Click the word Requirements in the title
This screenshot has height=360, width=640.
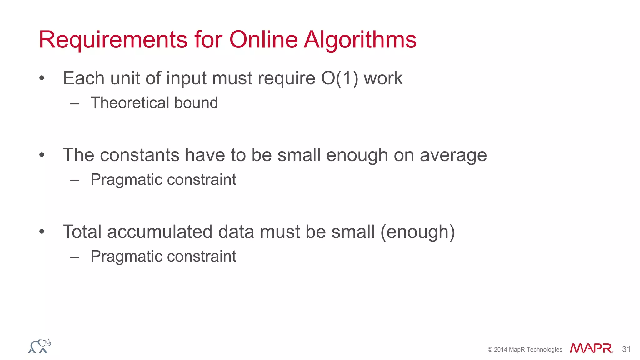113,40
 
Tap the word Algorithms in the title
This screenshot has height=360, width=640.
360,40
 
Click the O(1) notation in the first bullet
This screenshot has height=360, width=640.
340,78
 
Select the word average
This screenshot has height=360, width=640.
453,155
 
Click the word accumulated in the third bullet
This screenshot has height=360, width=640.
159,232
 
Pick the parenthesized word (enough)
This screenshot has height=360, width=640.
417,232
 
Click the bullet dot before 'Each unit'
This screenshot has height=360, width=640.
42,78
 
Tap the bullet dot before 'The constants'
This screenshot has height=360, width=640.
42,155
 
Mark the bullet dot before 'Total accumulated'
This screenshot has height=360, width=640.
42,232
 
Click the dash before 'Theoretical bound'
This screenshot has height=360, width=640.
75,103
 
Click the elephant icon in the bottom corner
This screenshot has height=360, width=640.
40,346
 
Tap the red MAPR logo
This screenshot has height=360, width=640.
591,348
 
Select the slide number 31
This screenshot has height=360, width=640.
626,349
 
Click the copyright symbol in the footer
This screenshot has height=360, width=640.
490,350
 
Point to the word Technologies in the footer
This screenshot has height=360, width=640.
544,350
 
